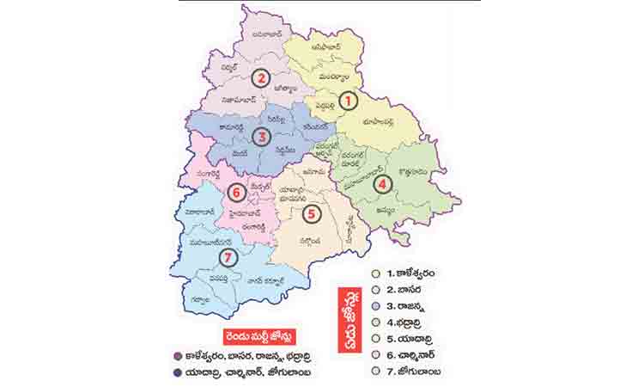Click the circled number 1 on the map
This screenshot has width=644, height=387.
348,101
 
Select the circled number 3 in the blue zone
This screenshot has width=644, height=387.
262,136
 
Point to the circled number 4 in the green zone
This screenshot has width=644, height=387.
382,182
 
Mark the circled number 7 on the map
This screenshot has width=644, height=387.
227,256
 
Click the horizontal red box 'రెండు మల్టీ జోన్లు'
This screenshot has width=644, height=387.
242,336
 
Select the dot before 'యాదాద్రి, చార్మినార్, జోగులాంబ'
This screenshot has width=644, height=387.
176,372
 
